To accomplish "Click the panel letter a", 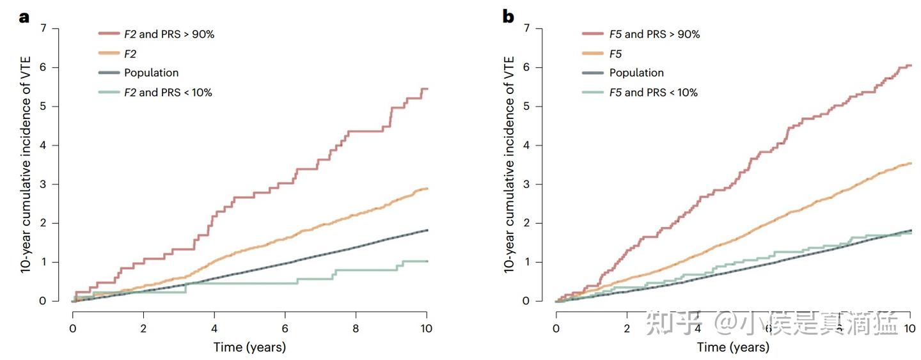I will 24,17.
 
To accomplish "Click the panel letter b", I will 508,17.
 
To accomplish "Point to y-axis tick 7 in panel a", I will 43,28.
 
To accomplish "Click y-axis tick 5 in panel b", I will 528,106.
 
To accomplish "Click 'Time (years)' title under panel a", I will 249,348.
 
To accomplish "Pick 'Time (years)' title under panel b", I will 733,348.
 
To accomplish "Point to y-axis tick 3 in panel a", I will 43,184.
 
